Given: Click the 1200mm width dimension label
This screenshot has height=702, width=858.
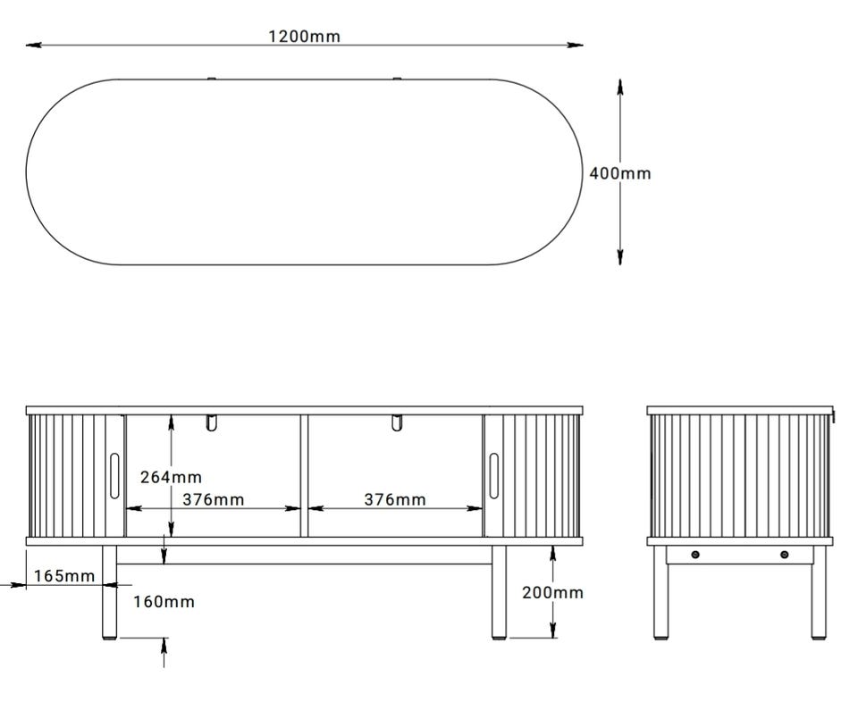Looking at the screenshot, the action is tap(304, 37).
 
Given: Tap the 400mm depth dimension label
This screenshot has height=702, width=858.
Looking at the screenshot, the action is tap(620, 173).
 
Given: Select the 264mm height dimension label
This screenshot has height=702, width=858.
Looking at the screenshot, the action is tap(171, 477).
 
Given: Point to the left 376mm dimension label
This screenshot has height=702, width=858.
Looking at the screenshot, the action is tap(214, 500).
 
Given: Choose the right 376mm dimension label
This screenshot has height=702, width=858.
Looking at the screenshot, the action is tap(395, 500).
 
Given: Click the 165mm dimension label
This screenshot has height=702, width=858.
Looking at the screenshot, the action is tap(64, 576).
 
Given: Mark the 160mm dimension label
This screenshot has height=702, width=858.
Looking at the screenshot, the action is tap(164, 602).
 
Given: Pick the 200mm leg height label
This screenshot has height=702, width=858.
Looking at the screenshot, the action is tap(552, 593).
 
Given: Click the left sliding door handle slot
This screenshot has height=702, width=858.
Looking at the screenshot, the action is tap(114, 476).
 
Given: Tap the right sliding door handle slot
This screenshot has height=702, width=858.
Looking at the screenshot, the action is tap(493, 476).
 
